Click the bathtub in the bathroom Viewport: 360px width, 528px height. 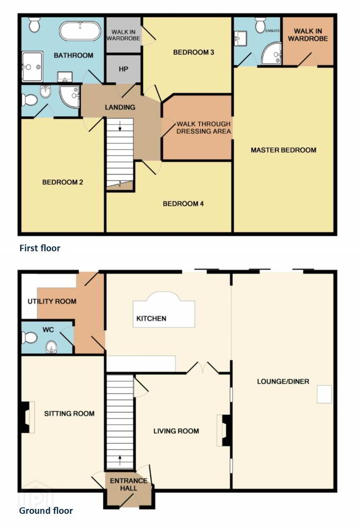point(80,31)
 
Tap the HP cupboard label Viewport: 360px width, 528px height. point(123,69)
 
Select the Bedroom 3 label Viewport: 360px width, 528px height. point(194,52)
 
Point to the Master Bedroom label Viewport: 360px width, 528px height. point(284,150)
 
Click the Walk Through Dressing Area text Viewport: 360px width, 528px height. point(204,128)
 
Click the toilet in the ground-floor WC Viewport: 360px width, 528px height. point(30,337)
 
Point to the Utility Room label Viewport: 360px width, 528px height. point(52,301)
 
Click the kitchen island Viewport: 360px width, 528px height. point(164,309)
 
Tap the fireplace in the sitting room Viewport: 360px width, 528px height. point(27,417)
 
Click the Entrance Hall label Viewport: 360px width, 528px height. point(129,484)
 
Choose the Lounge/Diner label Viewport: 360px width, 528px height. point(283,381)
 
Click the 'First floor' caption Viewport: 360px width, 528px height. point(40,248)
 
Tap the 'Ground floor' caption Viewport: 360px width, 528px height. point(46,511)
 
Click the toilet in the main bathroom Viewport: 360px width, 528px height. point(34,24)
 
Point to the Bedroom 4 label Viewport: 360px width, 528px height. point(183,204)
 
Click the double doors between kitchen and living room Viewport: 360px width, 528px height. point(202,368)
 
